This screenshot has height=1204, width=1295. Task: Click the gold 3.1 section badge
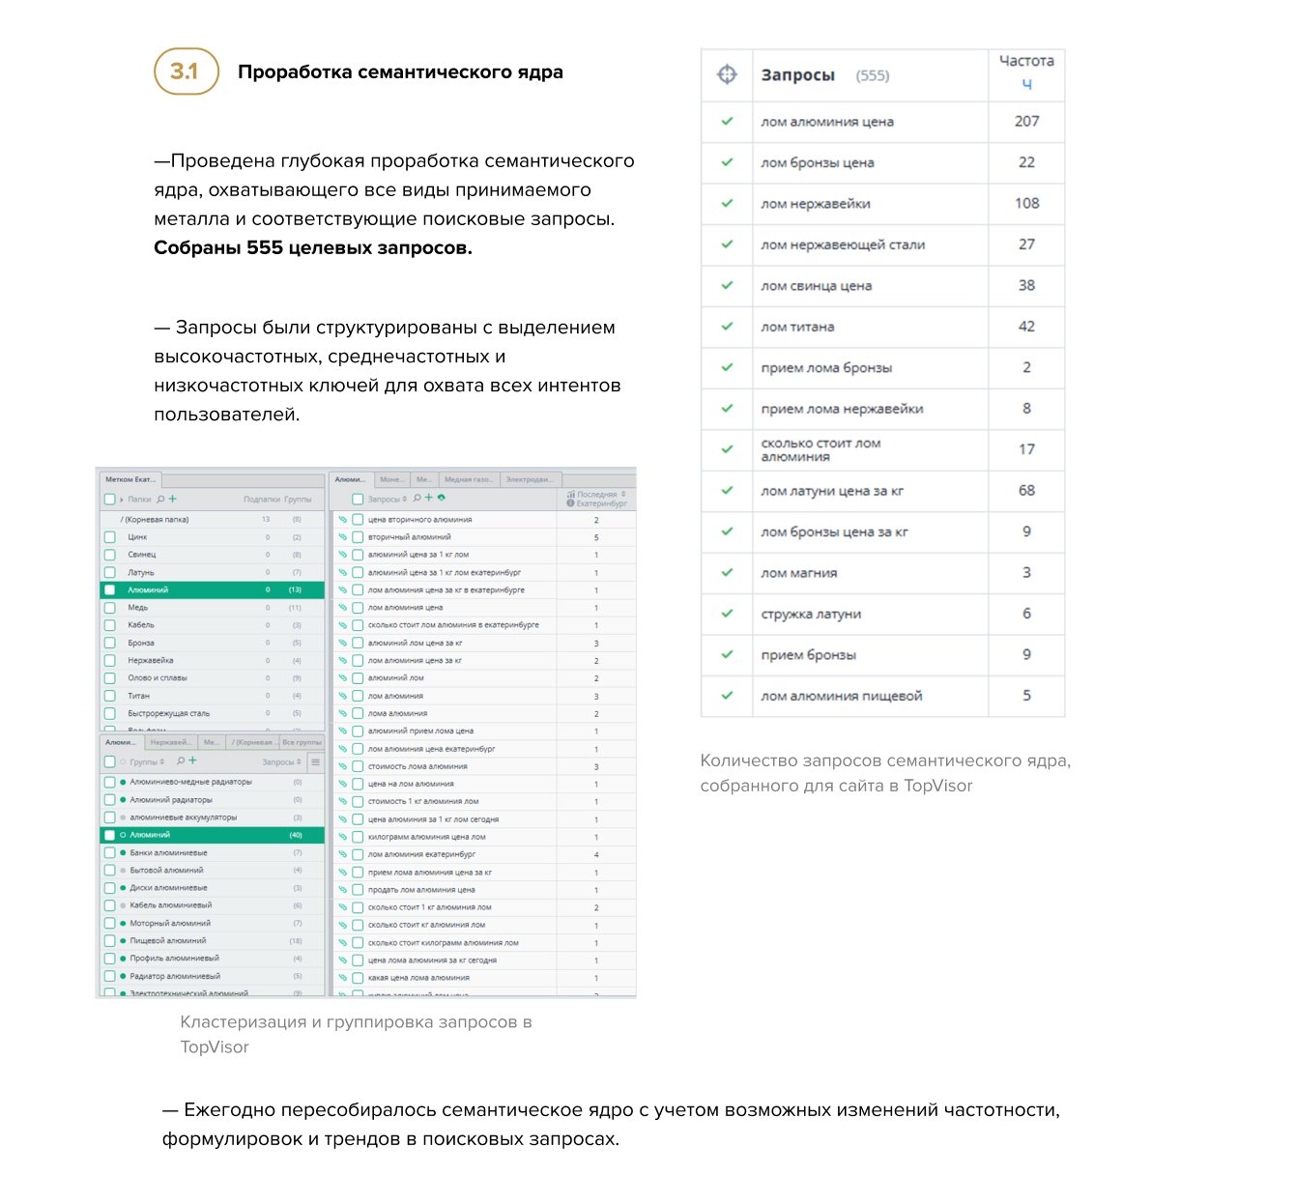pyautogui.click(x=186, y=72)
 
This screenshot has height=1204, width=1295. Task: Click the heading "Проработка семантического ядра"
pyautogui.click(x=400, y=72)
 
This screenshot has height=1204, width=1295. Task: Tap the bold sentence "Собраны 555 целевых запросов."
pyautogui.click(x=313, y=248)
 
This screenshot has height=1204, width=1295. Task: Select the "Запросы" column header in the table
pyautogui.click(x=797, y=75)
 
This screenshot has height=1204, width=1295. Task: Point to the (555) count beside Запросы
pyautogui.click(x=873, y=75)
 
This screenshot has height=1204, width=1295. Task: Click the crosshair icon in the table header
pyautogui.click(x=727, y=74)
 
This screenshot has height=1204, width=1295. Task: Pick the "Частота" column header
pyautogui.click(x=1026, y=62)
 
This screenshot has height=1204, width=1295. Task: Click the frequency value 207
pyautogui.click(x=1026, y=122)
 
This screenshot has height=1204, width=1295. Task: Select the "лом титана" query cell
pyautogui.click(x=797, y=327)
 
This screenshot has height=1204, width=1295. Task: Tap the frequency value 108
pyautogui.click(x=1026, y=204)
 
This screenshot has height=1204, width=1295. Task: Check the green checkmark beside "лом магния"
pyautogui.click(x=727, y=572)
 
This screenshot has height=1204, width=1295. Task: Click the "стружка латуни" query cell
pyautogui.click(x=811, y=614)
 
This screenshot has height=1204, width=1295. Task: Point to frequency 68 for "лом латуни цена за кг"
pyautogui.click(x=1026, y=491)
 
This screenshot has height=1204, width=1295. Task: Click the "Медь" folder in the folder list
pyautogui.click(x=138, y=608)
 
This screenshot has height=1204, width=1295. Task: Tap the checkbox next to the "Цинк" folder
pyautogui.click(x=110, y=537)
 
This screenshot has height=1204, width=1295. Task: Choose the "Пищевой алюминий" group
pyautogui.click(x=168, y=940)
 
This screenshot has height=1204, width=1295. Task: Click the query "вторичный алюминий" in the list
pyautogui.click(x=409, y=537)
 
